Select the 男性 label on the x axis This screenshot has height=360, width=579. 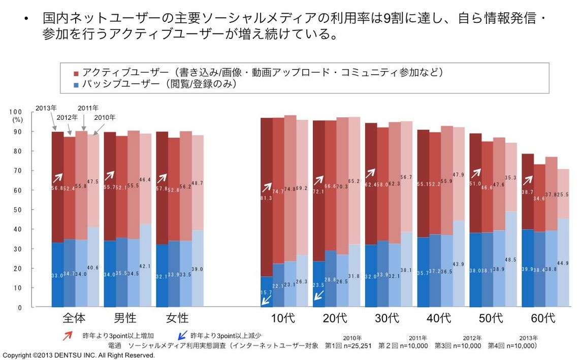tap(125, 318)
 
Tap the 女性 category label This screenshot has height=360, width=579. tap(177, 318)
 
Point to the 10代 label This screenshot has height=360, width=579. tap(283, 318)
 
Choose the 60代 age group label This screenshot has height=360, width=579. tap(542, 318)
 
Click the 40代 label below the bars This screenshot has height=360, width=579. tap(439, 318)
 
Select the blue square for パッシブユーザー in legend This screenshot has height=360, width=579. tap(76, 85)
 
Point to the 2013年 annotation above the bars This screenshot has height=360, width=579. tap(46, 108)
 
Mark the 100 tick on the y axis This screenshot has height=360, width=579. tap(16, 112)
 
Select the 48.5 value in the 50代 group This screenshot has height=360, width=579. tap(511, 259)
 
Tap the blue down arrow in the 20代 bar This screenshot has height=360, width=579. tap(318, 296)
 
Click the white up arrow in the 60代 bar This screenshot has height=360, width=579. tap(527, 180)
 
